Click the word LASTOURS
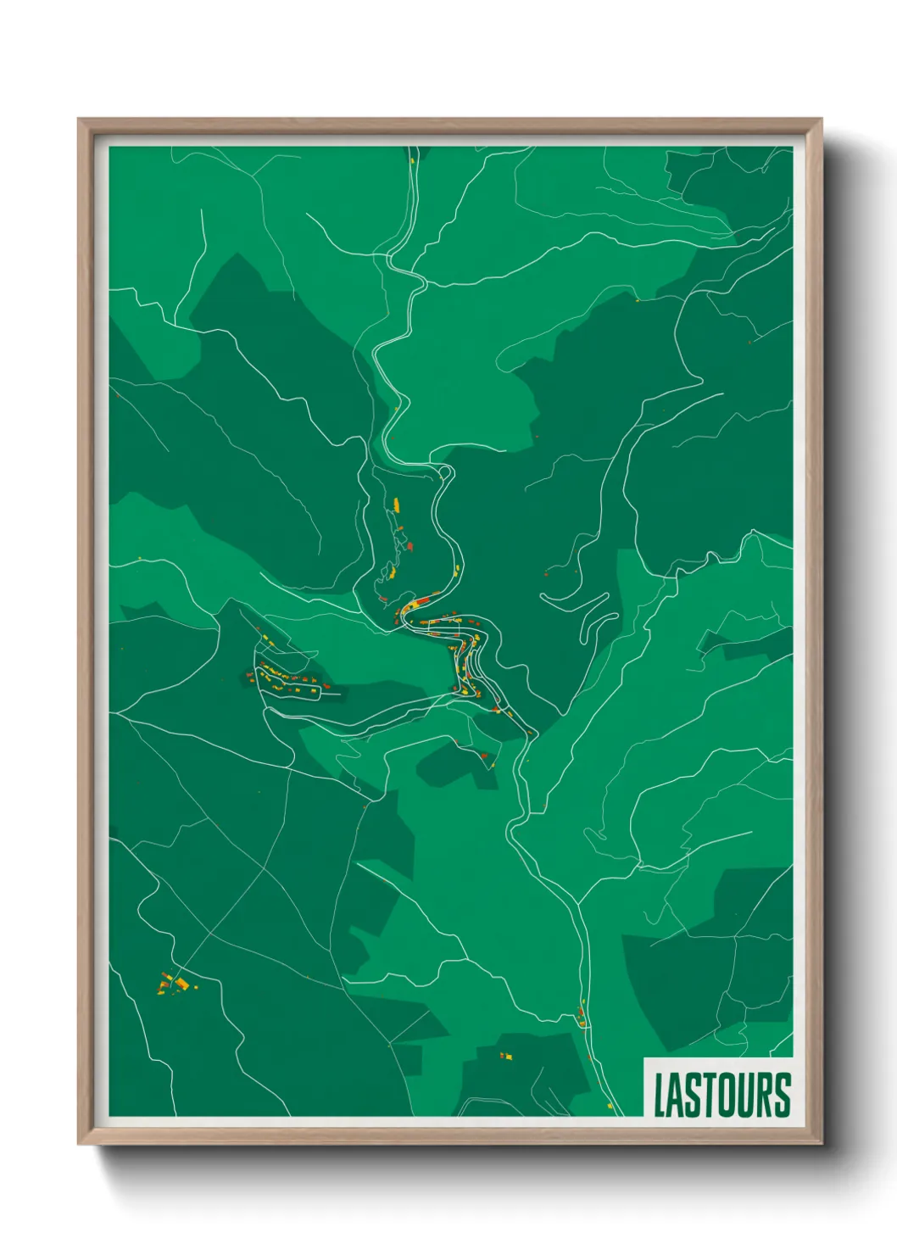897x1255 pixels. [721, 1095]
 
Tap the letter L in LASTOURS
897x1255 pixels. [659, 1095]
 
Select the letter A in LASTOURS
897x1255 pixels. [675, 1095]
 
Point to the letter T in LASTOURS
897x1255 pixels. [709, 1095]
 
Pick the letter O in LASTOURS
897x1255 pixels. [727, 1095]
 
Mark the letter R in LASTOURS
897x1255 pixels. [766, 1095]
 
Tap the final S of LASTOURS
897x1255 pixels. [783, 1095]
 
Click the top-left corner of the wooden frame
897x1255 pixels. [80, 120]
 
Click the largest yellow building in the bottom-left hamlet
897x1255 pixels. [181, 983]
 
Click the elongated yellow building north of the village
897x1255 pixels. [396, 505]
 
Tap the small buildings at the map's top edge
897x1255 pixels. [412, 157]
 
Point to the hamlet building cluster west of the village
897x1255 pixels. [288, 678]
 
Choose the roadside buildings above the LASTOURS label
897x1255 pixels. [582, 1015]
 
